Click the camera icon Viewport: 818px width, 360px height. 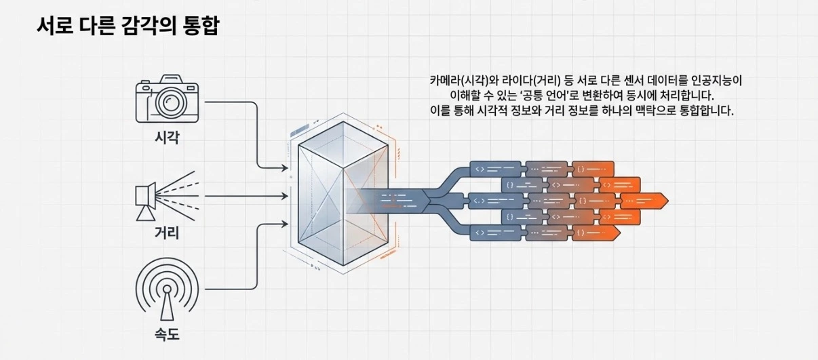(167, 101)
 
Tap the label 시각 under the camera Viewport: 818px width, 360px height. (167, 139)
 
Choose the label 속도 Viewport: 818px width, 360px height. (167, 334)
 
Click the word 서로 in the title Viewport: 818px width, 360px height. (54, 26)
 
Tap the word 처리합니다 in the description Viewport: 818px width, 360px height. (678, 96)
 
